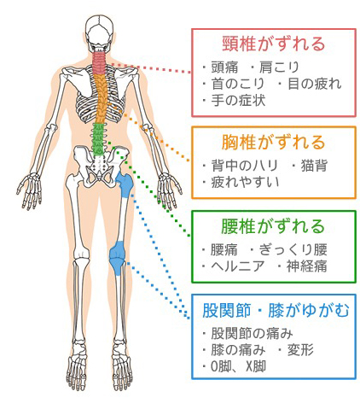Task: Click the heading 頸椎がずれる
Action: (273, 44)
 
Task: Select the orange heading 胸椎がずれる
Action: (273, 142)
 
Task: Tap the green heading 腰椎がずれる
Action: (273, 226)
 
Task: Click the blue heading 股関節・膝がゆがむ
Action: (276, 310)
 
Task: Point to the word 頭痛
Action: (224, 67)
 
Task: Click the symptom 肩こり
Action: (279, 67)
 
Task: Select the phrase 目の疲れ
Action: (314, 84)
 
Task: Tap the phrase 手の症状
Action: (238, 100)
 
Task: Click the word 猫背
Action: (314, 166)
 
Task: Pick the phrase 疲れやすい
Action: (245, 182)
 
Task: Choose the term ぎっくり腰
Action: (293, 249)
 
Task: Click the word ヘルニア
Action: (238, 266)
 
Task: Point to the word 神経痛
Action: (306, 266)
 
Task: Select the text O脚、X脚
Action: (238, 366)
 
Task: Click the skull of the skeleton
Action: (99, 32)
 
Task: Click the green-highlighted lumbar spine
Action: (99, 139)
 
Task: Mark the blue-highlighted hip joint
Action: (125, 184)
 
